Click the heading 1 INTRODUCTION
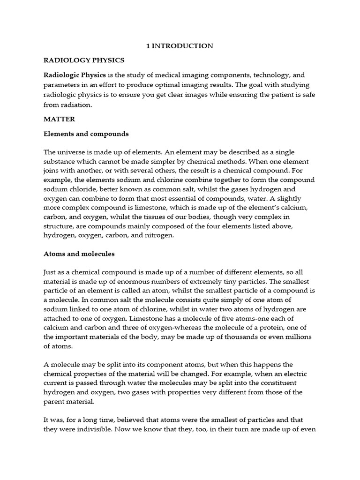180,46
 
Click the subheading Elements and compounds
86,134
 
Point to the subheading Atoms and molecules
79,254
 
